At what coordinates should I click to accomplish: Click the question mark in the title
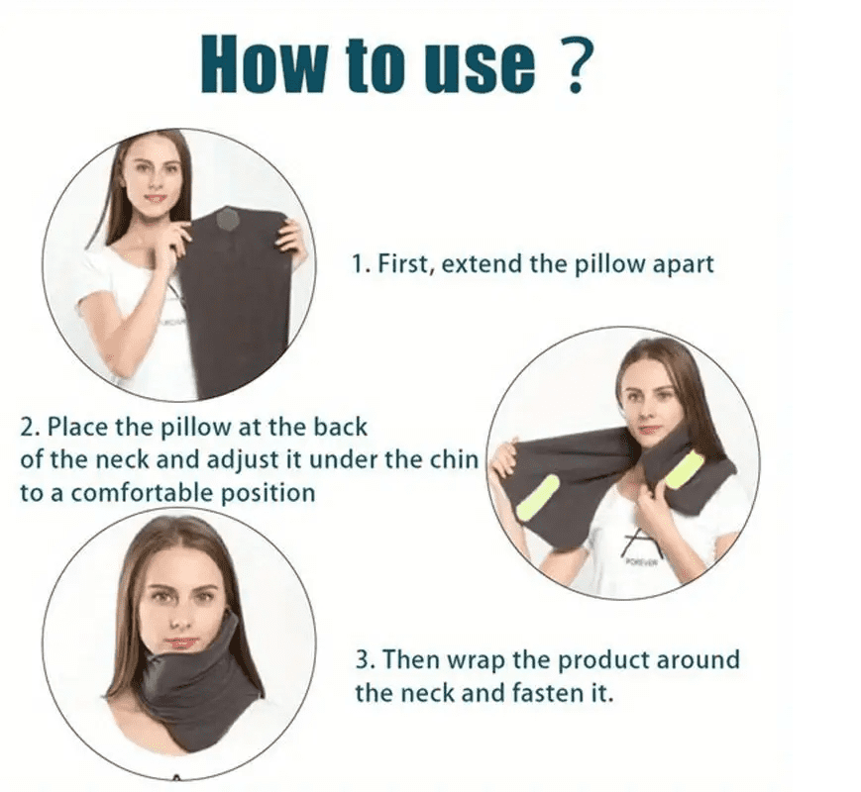point(577,66)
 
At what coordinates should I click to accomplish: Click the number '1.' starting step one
point(362,264)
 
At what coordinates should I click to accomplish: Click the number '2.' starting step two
point(30,428)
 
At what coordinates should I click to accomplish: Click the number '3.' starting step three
point(364,659)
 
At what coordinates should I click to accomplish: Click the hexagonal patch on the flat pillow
point(229,218)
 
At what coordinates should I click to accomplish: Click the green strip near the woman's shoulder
point(683,470)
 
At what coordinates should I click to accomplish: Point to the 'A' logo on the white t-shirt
point(640,543)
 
